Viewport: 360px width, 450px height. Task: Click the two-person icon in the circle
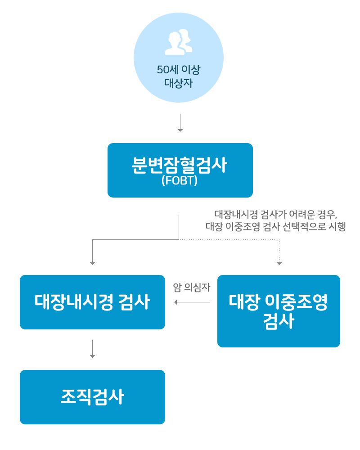point(179,42)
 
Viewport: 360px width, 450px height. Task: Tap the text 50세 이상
point(179,69)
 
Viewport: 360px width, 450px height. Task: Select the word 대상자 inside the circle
point(179,83)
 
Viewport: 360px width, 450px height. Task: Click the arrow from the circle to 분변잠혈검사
point(180,123)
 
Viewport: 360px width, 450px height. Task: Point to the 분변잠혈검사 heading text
point(180,165)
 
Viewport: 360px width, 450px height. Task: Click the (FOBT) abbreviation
point(180,180)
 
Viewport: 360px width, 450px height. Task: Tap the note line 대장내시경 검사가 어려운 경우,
point(275,214)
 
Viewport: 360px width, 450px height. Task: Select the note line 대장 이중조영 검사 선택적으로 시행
point(275,226)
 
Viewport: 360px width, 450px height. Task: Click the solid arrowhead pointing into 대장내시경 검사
point(92,263)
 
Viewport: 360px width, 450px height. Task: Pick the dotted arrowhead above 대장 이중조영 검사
point(279,263)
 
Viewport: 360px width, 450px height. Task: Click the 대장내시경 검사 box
point(92,302)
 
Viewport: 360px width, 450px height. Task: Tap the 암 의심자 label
point(192,287)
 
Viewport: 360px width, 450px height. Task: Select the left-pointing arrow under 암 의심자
point(192,302)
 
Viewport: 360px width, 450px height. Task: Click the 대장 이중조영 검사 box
point(279,311)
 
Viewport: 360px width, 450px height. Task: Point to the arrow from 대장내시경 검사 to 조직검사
point(92,349)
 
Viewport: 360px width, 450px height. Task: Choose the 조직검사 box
point(92,397)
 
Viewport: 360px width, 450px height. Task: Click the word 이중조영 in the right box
point(296,302)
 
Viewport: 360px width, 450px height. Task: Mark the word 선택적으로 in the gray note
point(304,226)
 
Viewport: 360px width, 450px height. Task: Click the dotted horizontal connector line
point(229,239)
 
